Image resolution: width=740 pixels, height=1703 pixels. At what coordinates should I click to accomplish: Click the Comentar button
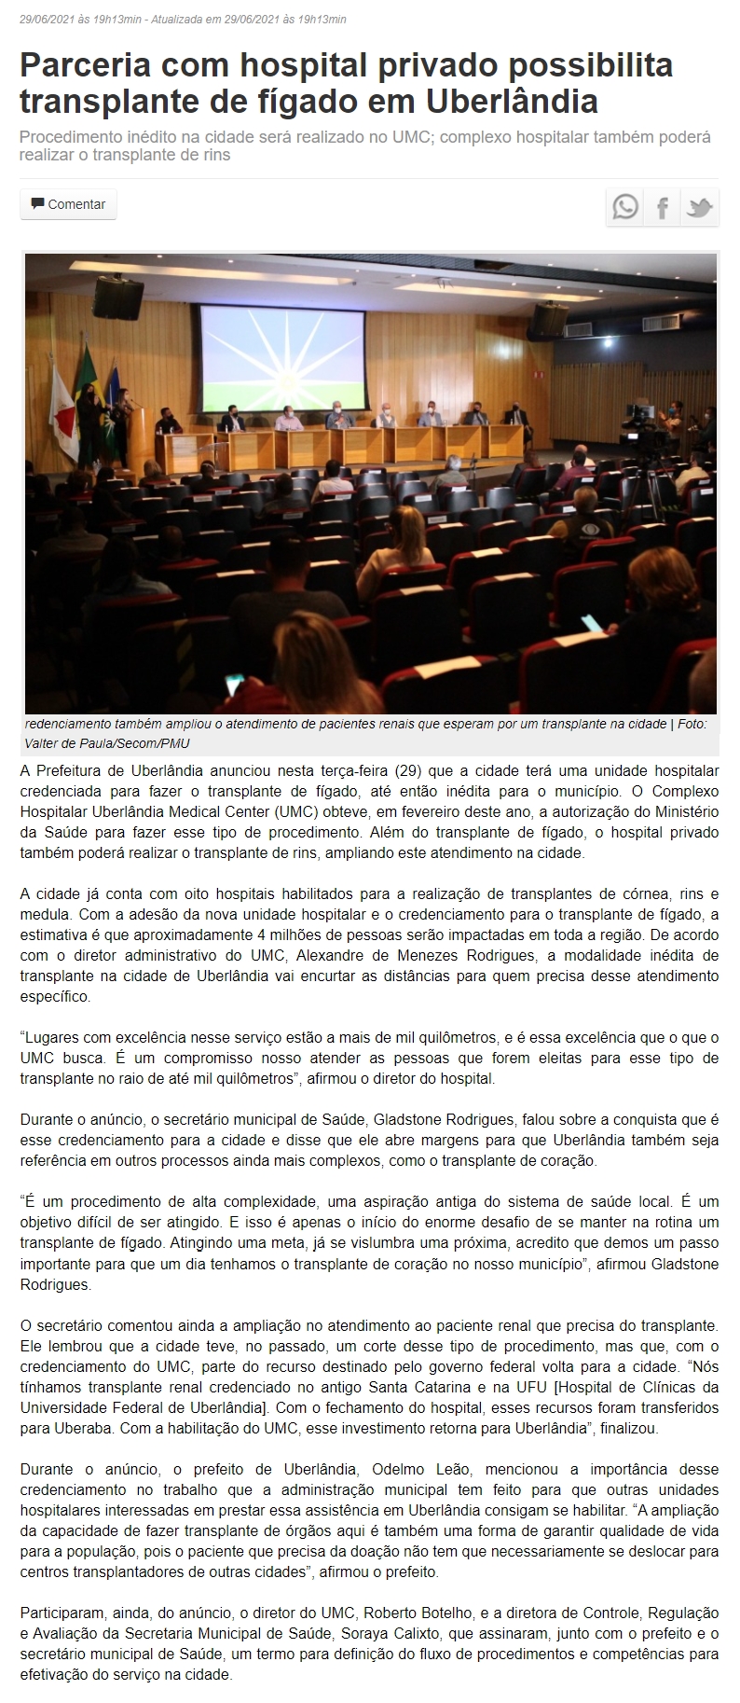(x=68, y=204)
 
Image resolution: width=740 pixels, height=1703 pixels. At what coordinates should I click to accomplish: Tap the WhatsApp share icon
(x=625, y=207)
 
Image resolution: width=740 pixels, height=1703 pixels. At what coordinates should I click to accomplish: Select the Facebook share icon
(x=662, y=207)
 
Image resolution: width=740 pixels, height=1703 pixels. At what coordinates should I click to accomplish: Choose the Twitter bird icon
(x=699, y=207)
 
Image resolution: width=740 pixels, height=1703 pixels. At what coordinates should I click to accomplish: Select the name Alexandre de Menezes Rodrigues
(x=417, y=956)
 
